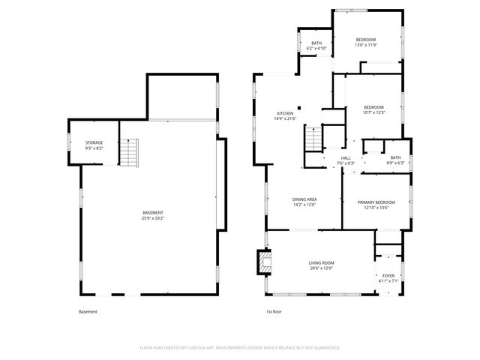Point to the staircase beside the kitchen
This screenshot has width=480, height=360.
313,138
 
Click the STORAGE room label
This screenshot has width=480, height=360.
94,142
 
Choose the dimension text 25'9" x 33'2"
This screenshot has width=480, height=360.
153,218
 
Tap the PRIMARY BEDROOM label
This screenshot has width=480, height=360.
376,202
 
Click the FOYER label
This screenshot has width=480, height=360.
388,276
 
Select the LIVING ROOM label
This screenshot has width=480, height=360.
320,262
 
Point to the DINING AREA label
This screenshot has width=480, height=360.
304,199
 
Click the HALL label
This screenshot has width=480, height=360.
346,158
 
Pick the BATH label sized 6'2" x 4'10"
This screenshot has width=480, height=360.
316,43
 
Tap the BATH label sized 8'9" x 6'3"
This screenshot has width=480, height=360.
395,157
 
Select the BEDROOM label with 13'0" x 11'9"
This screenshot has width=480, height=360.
365,40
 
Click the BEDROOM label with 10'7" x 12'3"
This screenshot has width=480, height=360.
373,107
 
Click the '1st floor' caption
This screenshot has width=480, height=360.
274,311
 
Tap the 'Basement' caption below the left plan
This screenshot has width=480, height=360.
88,311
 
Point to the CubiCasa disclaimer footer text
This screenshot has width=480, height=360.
240,348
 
